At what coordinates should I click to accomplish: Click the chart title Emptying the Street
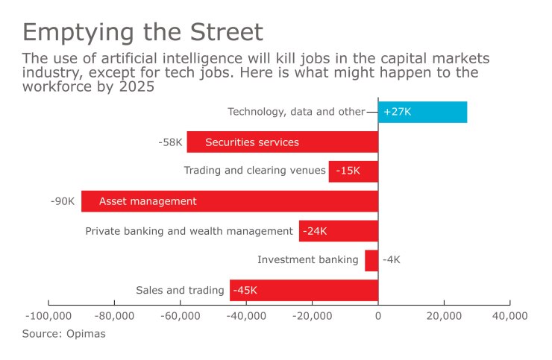pyautogui.click(x=142, y=32)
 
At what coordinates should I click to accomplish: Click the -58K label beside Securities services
pyautogui.click(x=170, y=142)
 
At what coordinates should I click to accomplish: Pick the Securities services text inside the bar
pyautogui.click(x=251, y=142)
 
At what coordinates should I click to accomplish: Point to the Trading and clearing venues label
pyautogui.click(x=254, y=171)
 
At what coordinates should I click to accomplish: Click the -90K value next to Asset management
pyautogui.click(x=63, y=201)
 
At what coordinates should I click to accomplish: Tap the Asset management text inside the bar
pyautogui.click(x=148, y=201)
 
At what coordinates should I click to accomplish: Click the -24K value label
pyautogui.click(x=316, y=231)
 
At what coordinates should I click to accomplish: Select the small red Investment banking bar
pyautogui.click(x=371, y=260)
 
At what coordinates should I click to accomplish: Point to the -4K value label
pyautogui.click(x=392, y=260)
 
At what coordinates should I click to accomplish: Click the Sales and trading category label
pyautogui.click(x=180, y=291)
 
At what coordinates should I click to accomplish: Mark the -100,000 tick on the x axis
pyautogui.click(x=49, y=316)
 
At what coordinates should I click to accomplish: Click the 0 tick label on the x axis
pyautogui.click(x=378, y=316)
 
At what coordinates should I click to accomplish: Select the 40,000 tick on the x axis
pyautogui.click(x=509, y=316)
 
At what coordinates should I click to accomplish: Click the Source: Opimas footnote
pyautogui.click(x=63, y=334)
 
